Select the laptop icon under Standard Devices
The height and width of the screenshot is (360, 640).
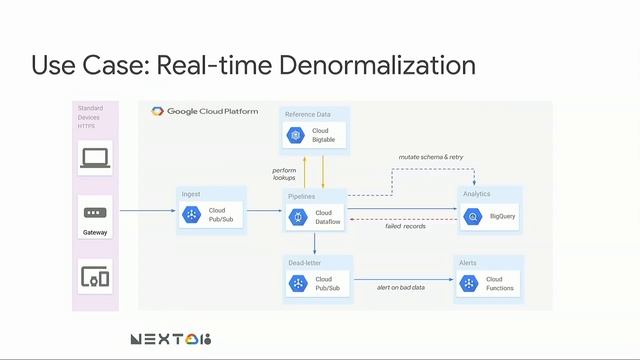click(x=95, y=157)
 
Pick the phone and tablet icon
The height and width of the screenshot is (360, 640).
click(x=95, y=276)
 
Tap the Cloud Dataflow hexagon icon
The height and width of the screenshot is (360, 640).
click(x=298, y=217)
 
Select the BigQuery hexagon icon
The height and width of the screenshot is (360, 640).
click(x=471, y=215)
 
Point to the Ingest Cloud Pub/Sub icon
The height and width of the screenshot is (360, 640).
click(x=192, y=214)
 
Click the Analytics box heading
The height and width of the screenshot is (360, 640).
click(x=477, y=193)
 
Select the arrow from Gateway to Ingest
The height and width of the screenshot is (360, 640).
click(x=145, y=211)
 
